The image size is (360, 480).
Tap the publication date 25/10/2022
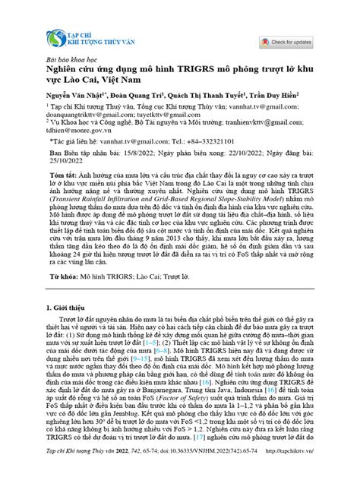[x=63, y=159]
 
